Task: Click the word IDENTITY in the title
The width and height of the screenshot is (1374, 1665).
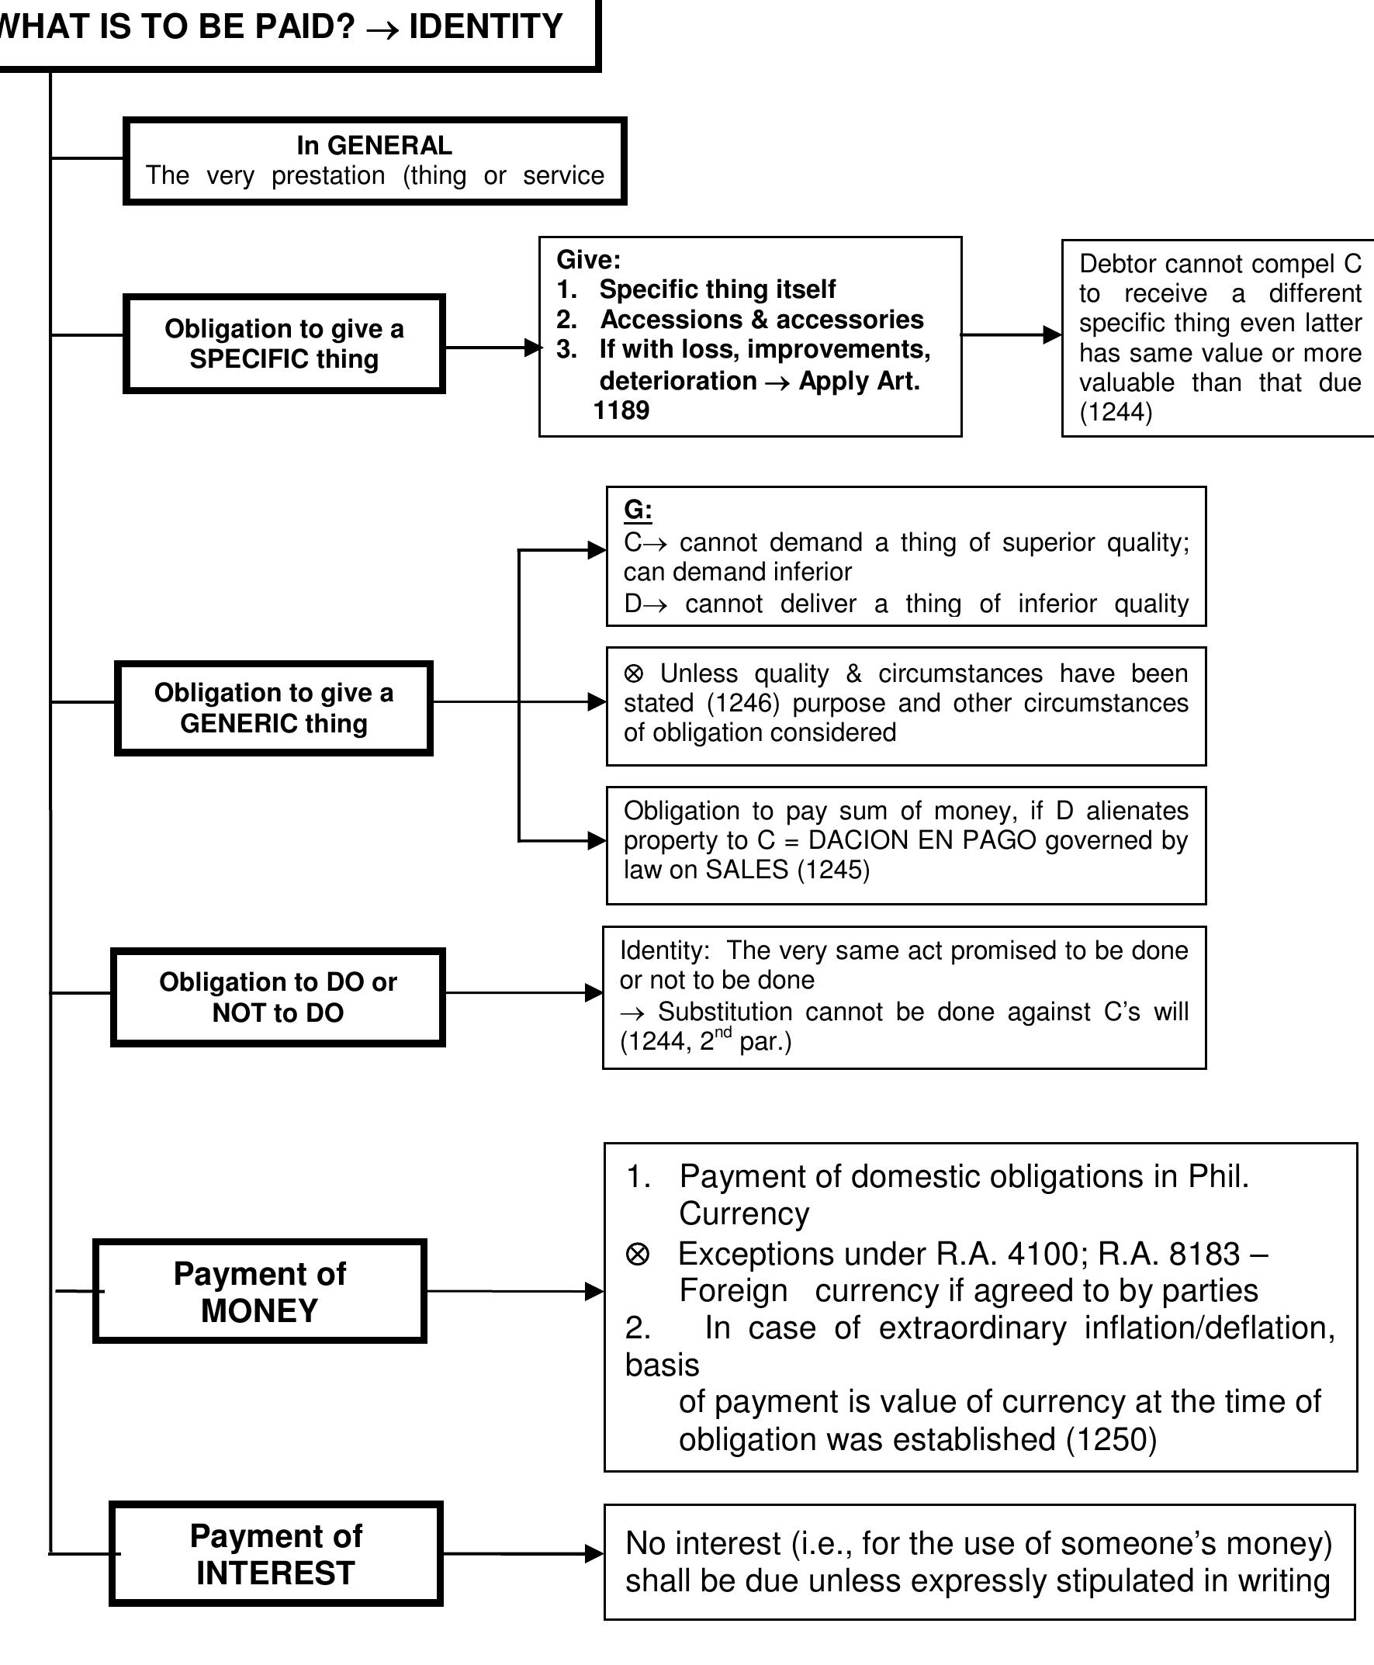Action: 485,27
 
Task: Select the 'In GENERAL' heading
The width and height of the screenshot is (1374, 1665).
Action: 375,146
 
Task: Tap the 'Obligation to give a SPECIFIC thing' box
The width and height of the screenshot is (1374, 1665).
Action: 284,344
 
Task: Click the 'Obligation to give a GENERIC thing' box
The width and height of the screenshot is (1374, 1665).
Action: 274,708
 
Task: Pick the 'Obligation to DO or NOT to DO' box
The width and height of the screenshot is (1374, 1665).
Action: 278,997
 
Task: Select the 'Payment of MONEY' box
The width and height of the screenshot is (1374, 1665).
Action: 260,1292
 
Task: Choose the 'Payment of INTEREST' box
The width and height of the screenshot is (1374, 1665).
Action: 275,1553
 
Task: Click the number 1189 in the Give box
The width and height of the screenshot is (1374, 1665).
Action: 621,410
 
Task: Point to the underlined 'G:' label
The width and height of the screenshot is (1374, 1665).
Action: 637,510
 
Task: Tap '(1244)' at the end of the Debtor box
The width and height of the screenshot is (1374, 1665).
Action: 1115,411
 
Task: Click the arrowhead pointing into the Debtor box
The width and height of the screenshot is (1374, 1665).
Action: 1052,334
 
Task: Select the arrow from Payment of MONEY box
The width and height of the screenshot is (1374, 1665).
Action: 514,1292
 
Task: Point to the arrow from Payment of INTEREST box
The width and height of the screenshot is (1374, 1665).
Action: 522,1553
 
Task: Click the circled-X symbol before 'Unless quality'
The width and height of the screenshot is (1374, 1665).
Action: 634,673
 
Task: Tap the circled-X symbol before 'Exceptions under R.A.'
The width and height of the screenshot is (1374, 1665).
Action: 638,1255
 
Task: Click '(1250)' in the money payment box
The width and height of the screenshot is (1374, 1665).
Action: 1111,1439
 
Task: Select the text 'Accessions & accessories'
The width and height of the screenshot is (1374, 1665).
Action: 761,319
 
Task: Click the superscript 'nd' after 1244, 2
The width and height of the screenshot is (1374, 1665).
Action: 723,1032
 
